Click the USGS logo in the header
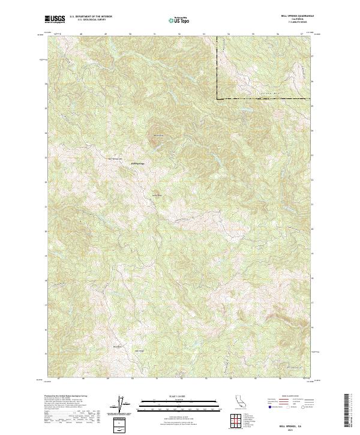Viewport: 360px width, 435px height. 55,19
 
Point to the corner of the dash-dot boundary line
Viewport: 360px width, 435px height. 217,98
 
